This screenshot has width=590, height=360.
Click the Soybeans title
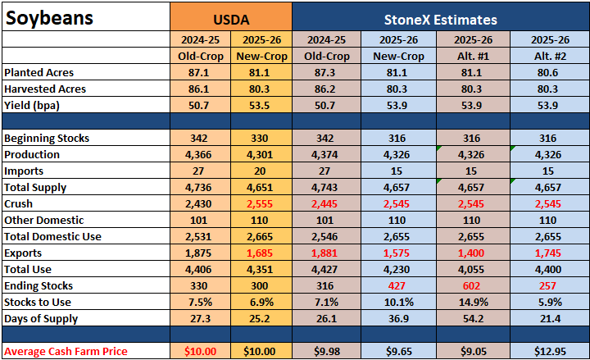coord(50,18)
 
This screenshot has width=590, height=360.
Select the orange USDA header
coord(231,20)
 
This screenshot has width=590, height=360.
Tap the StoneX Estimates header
coord(441,20)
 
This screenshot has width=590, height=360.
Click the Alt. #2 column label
coord(550,56)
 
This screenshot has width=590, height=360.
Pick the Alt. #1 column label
coord(473,56)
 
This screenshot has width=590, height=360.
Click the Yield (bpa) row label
coord(32,106)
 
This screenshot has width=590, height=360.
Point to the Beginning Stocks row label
coord(47,139)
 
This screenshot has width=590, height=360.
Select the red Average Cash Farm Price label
coord(66,351)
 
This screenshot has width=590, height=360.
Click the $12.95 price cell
coord(550,351)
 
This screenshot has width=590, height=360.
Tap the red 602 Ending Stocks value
coord(471,286)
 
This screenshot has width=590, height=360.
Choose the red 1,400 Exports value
coord(471,253)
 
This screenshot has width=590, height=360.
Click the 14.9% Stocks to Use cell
coord(473,302)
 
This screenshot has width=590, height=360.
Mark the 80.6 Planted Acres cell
coord(547,73)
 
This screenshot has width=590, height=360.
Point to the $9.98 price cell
coord(327,351)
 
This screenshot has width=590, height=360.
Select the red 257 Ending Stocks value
coord(547,286)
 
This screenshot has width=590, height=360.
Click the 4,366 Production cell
coord(198,155)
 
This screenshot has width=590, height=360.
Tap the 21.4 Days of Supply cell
coord(550,318)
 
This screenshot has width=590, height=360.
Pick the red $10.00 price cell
coord(200,351)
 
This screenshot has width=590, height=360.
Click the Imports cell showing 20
coord(260,171)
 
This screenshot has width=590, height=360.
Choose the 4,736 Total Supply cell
coord(198,188)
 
